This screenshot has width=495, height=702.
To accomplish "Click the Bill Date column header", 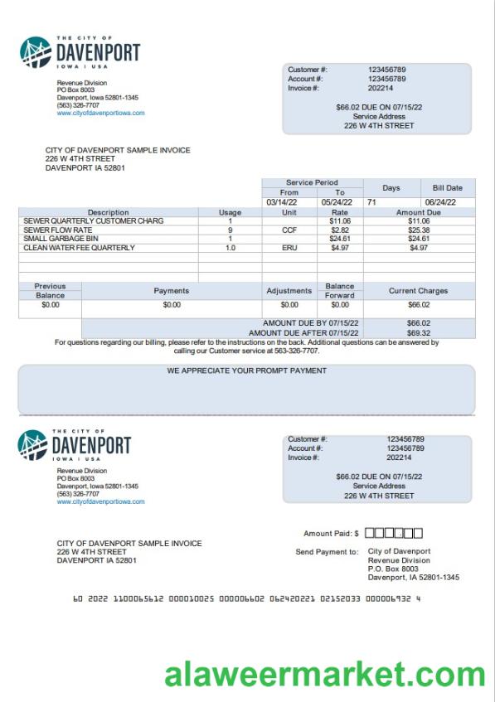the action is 448,188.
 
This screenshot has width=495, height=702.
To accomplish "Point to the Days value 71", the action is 372,201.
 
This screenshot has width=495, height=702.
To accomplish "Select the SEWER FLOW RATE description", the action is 58,230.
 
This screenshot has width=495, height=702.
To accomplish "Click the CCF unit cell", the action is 289,230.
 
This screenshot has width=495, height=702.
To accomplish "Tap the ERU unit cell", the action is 289,247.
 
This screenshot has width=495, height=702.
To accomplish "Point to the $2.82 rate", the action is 339,230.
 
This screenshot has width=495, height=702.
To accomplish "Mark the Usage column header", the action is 230,212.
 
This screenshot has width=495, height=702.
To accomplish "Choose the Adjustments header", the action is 289,291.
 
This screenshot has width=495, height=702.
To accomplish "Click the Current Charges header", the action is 419,291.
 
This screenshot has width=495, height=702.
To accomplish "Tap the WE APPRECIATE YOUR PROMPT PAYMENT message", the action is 246,371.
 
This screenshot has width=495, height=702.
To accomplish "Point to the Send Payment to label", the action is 327,551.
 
